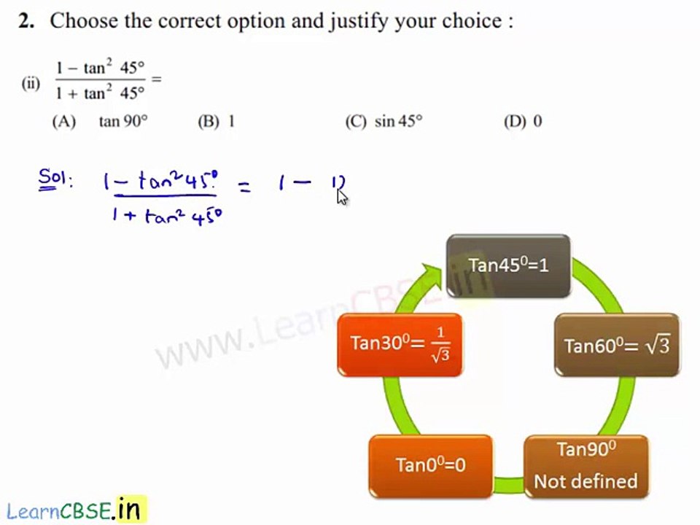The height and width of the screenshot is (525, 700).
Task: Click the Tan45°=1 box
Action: pos(508,265)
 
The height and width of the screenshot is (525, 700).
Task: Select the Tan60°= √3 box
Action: pos(617,345)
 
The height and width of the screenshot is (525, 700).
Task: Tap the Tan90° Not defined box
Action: pos(586,466)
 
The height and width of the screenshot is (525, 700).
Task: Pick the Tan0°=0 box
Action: pos(430,464)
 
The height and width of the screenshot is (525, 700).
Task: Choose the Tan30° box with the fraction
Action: pos(400,345)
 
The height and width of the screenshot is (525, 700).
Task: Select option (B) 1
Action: pos(217,121)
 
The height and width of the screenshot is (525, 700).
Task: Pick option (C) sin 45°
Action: pos(384,121)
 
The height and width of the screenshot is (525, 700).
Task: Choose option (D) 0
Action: pos(523,121)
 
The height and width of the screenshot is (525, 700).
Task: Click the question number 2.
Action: pos(26,21)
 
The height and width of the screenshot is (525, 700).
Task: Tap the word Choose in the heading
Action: pos(83,21)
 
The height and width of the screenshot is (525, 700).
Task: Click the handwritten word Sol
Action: pos(55,179)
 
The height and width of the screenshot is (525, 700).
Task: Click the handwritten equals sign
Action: pos(244,187)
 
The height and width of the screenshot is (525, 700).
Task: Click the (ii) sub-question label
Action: pos(31,83)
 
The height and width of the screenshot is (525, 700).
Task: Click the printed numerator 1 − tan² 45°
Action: pos(101,68)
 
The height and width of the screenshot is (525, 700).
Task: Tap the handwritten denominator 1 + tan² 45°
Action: pos(166,216)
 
